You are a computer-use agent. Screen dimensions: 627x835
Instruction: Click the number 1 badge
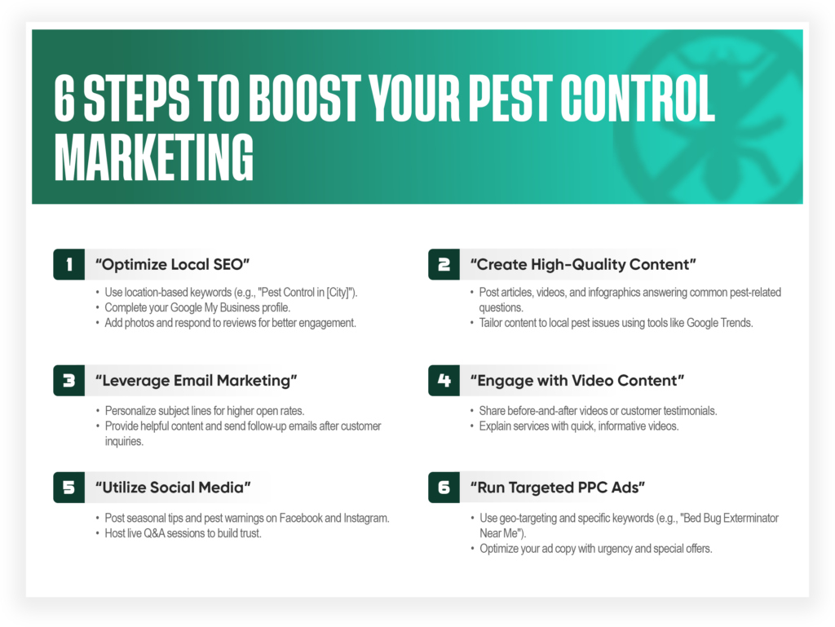coord(69,264)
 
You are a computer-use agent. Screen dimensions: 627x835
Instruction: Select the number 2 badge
coord(444,264)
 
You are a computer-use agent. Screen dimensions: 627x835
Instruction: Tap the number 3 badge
coord(69,380)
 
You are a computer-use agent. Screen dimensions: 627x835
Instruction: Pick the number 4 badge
coord(444,380)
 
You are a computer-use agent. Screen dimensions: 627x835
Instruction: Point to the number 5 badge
coord(69,488)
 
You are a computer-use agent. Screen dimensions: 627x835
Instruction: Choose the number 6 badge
coord(444,488)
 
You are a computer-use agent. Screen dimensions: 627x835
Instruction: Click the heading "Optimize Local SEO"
coord(172,264)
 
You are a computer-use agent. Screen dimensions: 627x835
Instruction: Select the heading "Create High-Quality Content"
coord(583,264)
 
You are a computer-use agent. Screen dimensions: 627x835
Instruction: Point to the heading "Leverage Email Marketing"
coord(197,380)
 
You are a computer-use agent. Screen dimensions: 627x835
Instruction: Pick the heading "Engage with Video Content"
coord(577,380)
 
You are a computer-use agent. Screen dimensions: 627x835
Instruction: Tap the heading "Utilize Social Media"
coord(173,488)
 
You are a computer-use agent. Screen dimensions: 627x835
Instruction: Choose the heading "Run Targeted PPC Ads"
coord(558,488)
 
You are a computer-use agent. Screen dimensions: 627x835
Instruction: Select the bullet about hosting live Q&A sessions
coord(183,533)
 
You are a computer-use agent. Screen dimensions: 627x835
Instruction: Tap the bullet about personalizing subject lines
coord(204,411)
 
